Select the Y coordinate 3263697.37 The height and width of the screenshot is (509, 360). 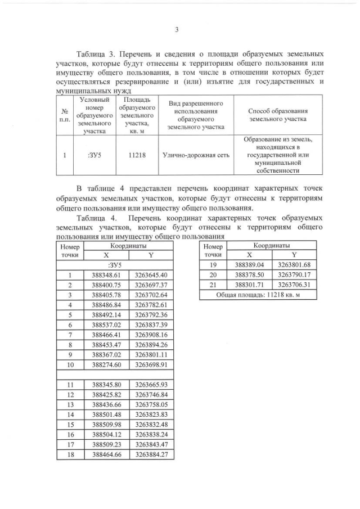pos(151,285)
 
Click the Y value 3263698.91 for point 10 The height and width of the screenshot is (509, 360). pos(151,365)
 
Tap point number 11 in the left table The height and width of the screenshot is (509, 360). pos(70,385)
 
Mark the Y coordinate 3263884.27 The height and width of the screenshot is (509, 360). pos(151,455)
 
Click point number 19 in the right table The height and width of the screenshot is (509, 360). pos(213,265)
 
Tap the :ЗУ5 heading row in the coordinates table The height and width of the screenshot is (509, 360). pos(114,265)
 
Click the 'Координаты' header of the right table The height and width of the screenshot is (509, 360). pos(271,245)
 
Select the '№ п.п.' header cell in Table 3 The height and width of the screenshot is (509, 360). pos(66,115)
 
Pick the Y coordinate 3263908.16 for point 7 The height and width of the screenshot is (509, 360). pos(151,335)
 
